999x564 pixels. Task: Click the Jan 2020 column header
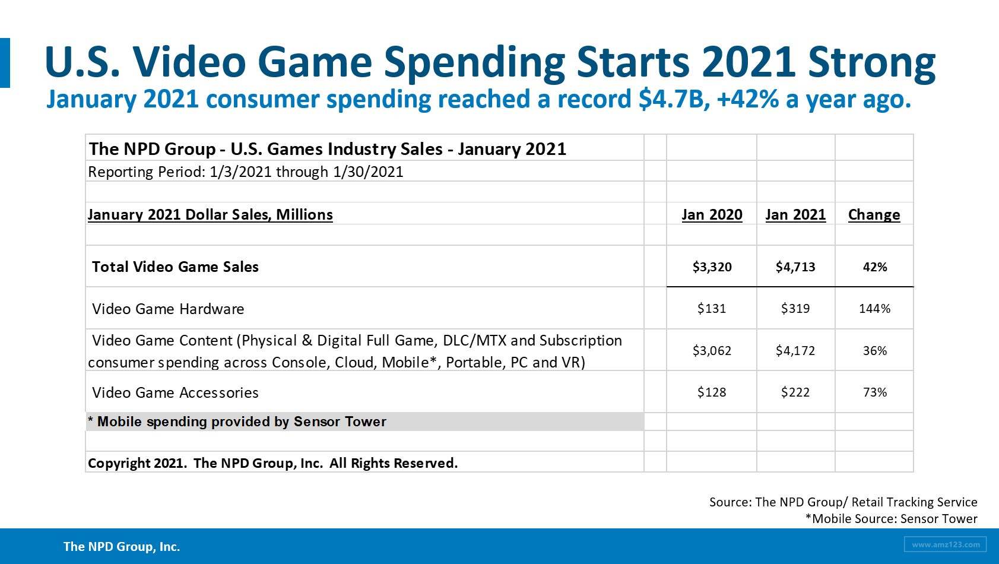(712, 214)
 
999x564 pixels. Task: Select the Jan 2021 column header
(795, 214)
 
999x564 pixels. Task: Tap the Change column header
(874, 214)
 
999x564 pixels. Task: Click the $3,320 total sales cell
(712, 267)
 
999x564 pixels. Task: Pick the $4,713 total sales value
(795, 267)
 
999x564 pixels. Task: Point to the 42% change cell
(874, 267)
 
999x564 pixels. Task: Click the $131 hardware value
(712, 309)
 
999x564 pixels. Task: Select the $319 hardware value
(795, 309)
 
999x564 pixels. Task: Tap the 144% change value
(874, 309)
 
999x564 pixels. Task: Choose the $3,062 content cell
(712, 351)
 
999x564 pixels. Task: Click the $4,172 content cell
(795, 351)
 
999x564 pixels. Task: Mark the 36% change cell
(874, 351)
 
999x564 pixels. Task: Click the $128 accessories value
(712, 392)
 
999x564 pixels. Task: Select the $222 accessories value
(795, 392)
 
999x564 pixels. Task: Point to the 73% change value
(874, 392)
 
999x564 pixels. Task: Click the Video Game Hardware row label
(168, 309)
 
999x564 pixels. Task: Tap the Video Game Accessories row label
(175, 393)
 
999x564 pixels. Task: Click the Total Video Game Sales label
(175, 267)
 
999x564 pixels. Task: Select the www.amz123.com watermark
(946, 544)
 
